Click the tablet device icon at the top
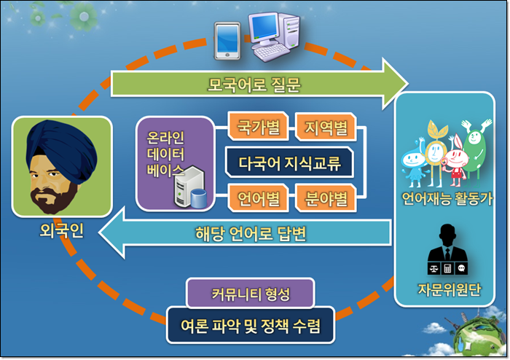pos(227,41)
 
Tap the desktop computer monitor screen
pos(264,27)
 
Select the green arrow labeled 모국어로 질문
pos(259,84)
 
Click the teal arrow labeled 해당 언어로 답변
pos(246,232)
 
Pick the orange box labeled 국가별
pos(258,126)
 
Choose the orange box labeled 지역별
pos(326,127)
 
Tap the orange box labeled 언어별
pos(258,197)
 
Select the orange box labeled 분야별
pos(326,197)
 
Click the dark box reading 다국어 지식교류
pos(289,163)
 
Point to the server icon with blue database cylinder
pos(190,187)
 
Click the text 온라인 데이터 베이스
pos(165,154)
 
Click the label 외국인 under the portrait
pos(61,230)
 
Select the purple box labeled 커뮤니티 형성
pos(250,293)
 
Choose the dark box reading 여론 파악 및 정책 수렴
pos(251,325)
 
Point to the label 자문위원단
pos(449,289)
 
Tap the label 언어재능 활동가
pos(447,198)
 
